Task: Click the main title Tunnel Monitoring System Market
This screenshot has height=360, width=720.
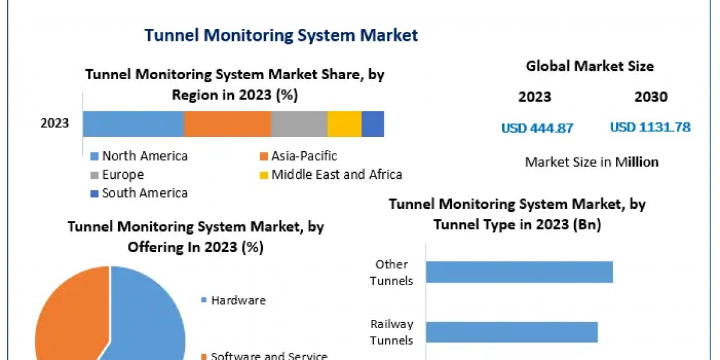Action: [x=281, y=35]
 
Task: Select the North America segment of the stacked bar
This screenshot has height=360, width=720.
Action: [x=133, y=124]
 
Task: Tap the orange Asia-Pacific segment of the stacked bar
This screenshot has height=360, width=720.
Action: [x=227, y=124]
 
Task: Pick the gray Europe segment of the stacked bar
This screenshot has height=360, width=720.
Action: [x=298, y=124]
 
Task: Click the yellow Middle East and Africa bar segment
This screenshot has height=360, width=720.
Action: [x=344, y=124]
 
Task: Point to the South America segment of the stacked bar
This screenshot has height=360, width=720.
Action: [x=372, y=124]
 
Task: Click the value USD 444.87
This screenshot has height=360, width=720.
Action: [x=537, y=128]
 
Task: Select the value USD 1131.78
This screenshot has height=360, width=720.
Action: [x=650, y=127]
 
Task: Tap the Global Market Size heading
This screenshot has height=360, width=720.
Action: [x=590, y=66]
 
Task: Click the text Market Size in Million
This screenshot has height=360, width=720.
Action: [x=592, y=162]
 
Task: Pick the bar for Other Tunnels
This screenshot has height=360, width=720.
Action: [x=519, y=272]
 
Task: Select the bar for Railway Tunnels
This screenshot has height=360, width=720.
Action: [x=511, y=332]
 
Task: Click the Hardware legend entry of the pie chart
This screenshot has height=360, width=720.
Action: [x=238, y=301]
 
